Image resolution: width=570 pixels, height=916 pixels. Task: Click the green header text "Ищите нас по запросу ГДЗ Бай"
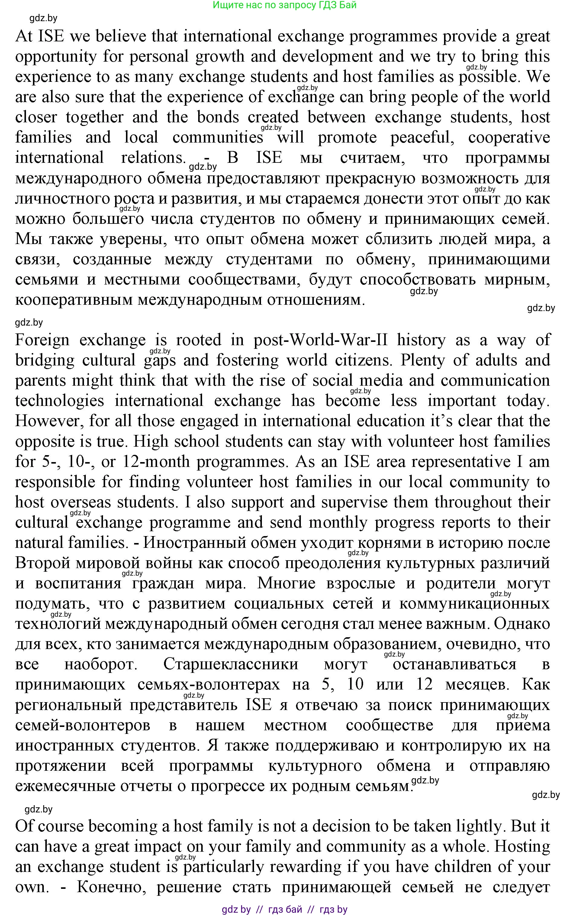click(x=284, y=5)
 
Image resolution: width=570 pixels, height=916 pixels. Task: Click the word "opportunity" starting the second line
click(x=56, y=57)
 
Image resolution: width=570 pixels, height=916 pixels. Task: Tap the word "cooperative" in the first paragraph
click(x=509, y=137)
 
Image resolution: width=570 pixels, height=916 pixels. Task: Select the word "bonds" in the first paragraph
click(x=218, y=117)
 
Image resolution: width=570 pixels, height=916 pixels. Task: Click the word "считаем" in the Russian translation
click(x=372, y=158)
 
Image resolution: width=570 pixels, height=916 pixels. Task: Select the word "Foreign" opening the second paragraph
click(x=42, y=340)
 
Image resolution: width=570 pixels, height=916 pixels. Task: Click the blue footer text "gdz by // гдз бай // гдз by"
click(x=284, y=909)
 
